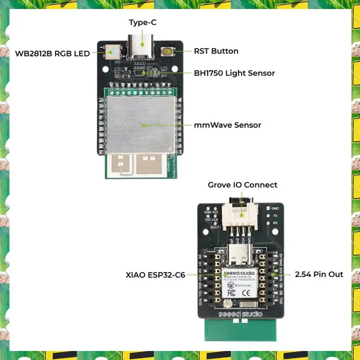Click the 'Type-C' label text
[142, 22]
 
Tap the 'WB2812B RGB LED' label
[53, 53]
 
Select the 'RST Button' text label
[216, 51]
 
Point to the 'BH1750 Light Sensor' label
[234, 73]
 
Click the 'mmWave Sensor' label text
[227, 125]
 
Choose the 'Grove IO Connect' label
[243, 185]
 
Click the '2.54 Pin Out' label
[319, 274]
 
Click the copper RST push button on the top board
[168, 51]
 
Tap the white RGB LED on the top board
[111, 53]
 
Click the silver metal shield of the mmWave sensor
[139, 124]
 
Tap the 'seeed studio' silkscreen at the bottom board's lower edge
[241, 314]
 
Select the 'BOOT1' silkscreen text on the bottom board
[216, 227]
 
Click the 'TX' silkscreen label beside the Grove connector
[274, 216]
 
